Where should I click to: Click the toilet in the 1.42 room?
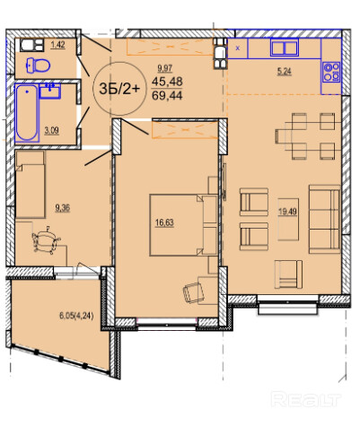click(38, 65)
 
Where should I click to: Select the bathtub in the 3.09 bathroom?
click(27, 113)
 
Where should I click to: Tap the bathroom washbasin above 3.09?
click(50, 91)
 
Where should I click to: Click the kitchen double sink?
click(285, 48)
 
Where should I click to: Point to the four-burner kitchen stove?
click(331, 72)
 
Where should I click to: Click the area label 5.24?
click(284, 72)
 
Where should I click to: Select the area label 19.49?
click(287, 212)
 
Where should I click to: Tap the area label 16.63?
click(164, 222)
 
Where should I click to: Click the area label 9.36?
click(62, 208)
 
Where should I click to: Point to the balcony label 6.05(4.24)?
click(76, 316)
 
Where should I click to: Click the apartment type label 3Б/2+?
click(119, 89)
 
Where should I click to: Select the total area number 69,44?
click(167, 96)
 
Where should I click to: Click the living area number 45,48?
click(167, 82)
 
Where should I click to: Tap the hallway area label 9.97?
click(165, 68)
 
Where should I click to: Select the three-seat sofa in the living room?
click(325, 219)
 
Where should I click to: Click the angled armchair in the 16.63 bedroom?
click(193, 292)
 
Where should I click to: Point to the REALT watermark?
click(306, 399)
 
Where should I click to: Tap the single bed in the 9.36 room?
click(31, 185)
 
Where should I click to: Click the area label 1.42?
click(57, 45)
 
